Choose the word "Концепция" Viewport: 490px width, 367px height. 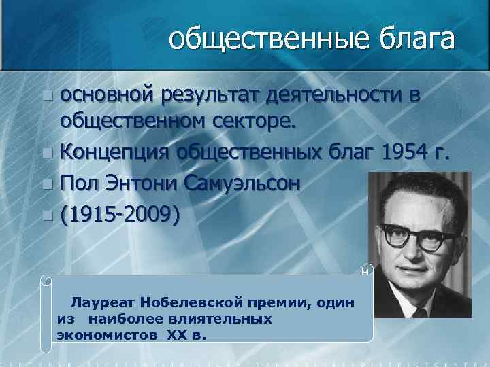click(x=115, y=154)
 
